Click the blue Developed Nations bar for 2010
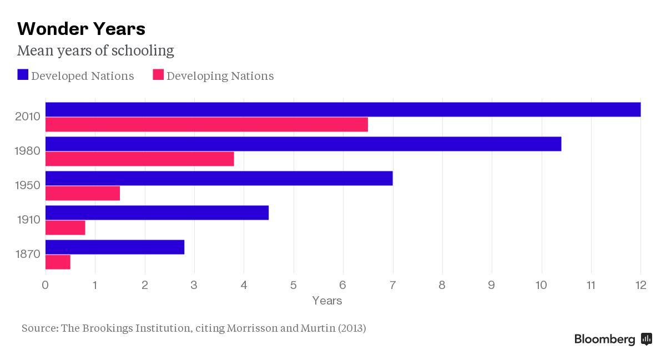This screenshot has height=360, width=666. click(x=342, y=109)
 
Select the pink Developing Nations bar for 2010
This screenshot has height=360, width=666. click(x=206, y=124)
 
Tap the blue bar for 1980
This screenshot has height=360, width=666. click(x=303, y=144)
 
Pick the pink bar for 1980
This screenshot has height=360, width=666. click(x=139, y=159)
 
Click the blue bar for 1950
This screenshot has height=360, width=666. click(x=219, y=178)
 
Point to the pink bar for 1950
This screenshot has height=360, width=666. click(x=82, y=193)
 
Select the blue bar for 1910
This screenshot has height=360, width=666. click(x=157, y=212)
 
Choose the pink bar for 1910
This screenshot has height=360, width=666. click(x=65, y=227)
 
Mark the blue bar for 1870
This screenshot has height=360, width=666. click(x=114, y=247)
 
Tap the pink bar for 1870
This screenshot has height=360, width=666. click(x=58, y=262)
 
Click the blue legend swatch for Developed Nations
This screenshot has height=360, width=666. click(x=23, y=75)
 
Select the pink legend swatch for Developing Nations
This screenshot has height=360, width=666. click(x=158, y=75)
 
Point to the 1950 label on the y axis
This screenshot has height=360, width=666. click(x=27, y=185)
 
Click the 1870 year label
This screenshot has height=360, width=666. click(x=27, y=254)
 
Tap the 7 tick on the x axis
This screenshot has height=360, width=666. click(x=392, y=285)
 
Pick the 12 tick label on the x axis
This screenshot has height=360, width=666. click(x=640, y=285)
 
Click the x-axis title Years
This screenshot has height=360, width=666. click(x=327, y=301)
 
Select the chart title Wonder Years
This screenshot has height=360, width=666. click(x=81, y=28)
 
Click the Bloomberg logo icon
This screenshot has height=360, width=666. click(x=646, y=339)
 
